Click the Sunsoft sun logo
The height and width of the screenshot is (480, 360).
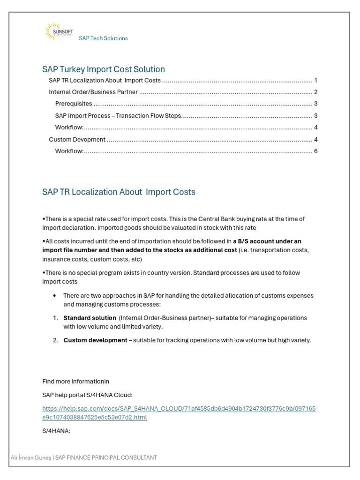coord(56,30)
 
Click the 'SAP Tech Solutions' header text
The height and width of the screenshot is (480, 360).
coord(103,38)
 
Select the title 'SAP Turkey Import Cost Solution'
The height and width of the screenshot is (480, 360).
coord(104,69)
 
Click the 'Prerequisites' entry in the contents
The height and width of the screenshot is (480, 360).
coord(74,104)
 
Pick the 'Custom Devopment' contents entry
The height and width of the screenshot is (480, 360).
coord(77,140)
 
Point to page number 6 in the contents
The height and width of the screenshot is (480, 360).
coord(316,151)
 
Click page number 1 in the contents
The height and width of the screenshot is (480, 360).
coord(316,80)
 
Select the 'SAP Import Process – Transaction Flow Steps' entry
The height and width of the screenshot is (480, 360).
coord(118,116)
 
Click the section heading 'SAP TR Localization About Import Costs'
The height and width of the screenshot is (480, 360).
coord(119,192)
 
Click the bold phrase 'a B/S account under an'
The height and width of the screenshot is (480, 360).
coord(267,241)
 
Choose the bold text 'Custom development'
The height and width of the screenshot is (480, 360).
coord(95,340)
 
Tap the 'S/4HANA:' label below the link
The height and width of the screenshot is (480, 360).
coord(56,431)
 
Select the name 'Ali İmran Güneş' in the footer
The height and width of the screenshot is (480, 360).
coord(31,457)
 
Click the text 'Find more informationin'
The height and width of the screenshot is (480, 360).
coord(75,381)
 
